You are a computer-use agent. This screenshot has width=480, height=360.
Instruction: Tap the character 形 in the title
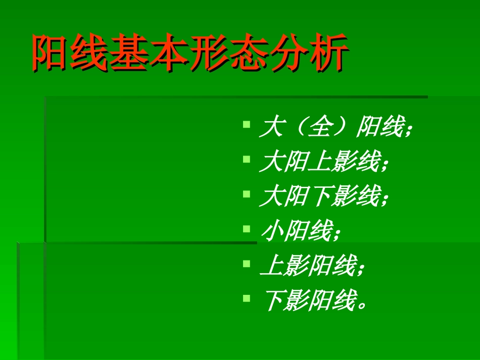(x=209, y=52)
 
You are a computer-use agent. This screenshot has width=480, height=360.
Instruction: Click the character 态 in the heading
(x=249, y=52)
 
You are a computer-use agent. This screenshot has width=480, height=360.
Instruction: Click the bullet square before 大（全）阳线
(x=246, y=123)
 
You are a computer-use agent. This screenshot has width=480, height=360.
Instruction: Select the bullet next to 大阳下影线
(x=246, y=193)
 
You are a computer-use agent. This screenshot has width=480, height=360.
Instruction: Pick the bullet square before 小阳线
(x=246, y=228)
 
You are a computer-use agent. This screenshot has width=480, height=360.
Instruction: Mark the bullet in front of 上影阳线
(x=246, y=263)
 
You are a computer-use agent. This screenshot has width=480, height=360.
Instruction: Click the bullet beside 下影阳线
(x=246, y=298)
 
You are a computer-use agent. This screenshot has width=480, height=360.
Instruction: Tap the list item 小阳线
(x=301, y=233)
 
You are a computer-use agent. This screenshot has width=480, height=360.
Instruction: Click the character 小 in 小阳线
(x=271, y=233)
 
